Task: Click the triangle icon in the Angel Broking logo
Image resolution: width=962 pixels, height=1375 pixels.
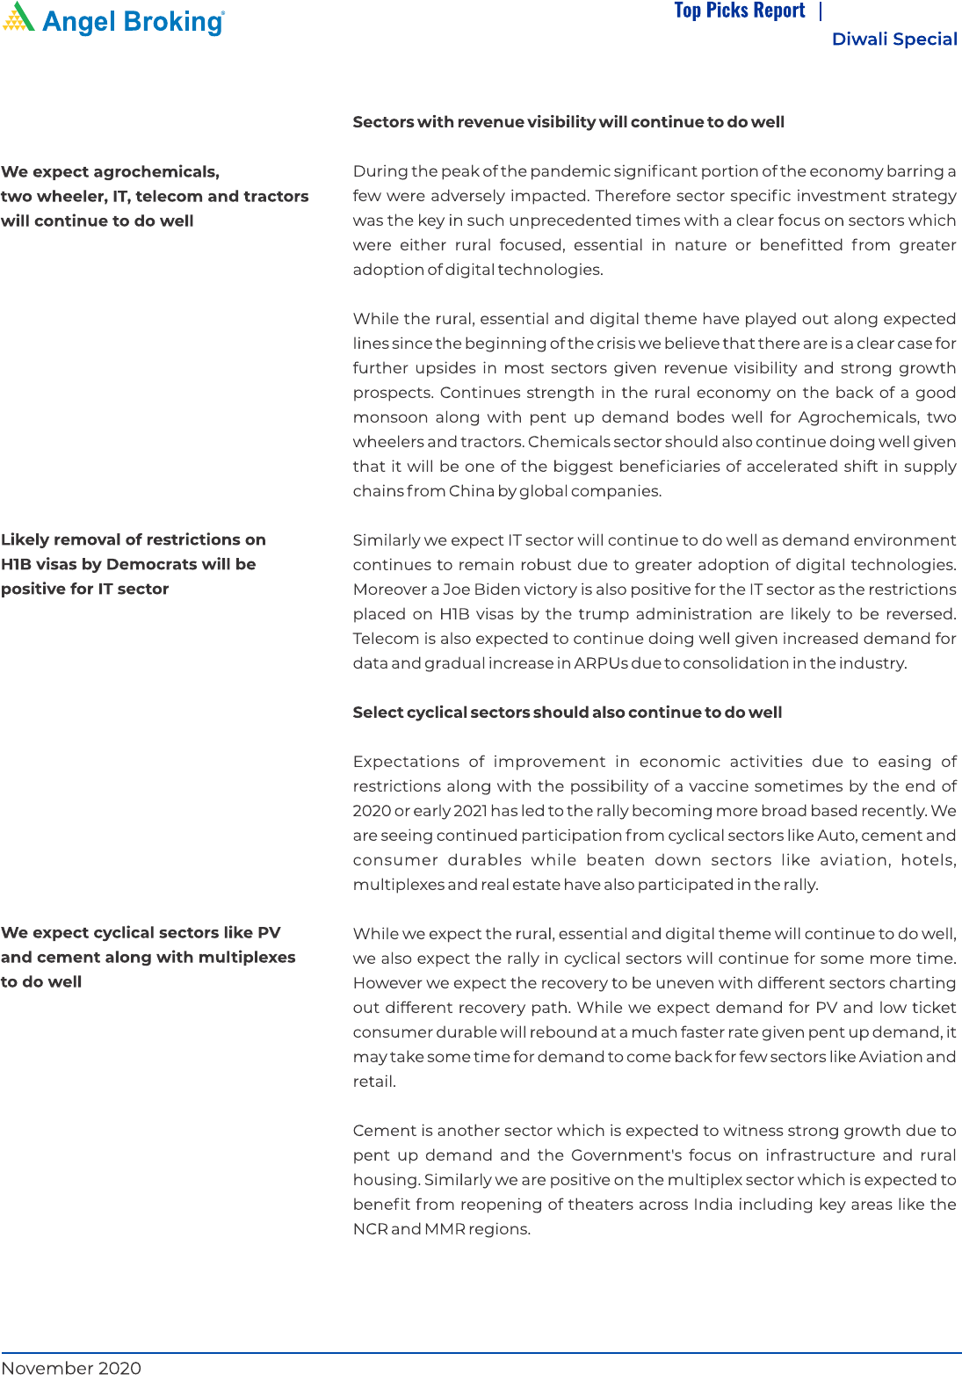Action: [x=18, y=18]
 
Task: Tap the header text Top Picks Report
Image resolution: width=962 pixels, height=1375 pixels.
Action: [x=739, y=11]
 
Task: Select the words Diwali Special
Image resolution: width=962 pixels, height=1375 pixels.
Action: [x=894, y=40]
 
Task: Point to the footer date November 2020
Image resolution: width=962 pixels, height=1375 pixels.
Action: [x=71, y=1367]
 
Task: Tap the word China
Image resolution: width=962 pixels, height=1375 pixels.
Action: [x=472, y=491]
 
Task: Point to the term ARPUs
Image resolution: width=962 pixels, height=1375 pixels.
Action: [x=601, y=663]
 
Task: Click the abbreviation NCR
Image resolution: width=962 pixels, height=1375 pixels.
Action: [x=370, y=1229]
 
